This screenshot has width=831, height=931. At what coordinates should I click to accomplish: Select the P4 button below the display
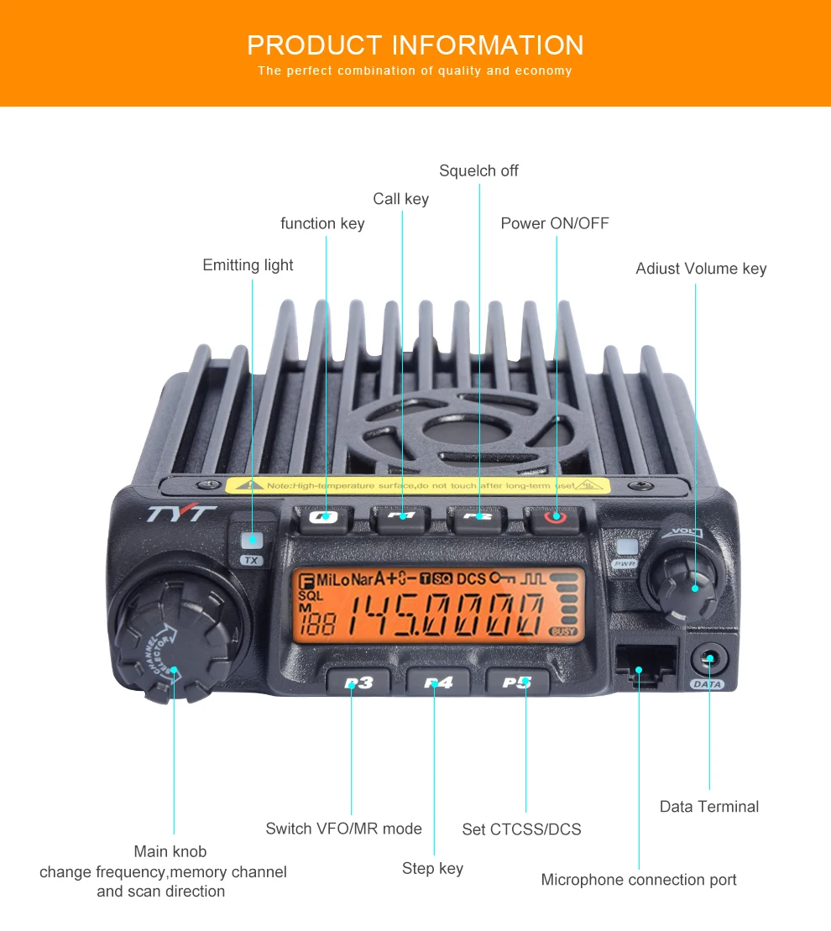tap(437, 682)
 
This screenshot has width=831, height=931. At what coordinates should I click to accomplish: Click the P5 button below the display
tap(517, 681)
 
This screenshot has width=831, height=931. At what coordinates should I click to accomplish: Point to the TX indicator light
tap(250, 541)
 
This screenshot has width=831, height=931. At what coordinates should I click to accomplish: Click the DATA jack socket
tap(708, 659)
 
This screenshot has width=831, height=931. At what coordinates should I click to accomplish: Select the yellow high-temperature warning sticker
tap(418, 485)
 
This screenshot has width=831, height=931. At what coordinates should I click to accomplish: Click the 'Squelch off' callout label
tap(478, 170)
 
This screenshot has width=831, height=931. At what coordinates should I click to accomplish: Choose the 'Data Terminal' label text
tap(708, 807)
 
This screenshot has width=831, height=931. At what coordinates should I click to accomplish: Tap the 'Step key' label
tap(432, 868)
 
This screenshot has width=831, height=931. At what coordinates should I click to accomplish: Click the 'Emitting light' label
tap(248, 265)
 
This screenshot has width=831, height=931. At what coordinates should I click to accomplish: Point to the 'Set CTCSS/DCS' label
tap(521, 829)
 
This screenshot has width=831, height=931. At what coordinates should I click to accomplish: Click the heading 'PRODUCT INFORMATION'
tap(415, 44)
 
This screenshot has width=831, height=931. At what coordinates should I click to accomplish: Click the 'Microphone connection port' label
tap(638, 880)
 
